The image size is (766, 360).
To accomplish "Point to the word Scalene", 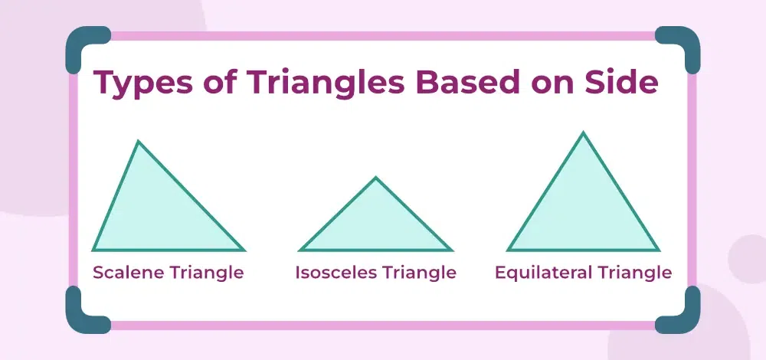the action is [x=129, y=272].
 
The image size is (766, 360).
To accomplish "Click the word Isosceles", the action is [x=336, y=272].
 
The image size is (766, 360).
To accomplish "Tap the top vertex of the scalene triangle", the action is [x=138, y=141].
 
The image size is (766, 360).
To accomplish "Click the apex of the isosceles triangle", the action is [x=375, y=177].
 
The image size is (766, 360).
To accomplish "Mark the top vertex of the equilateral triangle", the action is [x=583, y=133].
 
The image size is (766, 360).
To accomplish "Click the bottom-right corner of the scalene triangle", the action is [x=244, y=250].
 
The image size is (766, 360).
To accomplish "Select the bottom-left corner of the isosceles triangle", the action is [x=300, y=250].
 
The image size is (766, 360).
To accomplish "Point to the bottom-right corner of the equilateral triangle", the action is [x=659, y=250].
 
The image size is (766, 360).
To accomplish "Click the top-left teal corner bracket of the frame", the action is [x=78, y=39].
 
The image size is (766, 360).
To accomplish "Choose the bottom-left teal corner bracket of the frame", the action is [x=78, y=321].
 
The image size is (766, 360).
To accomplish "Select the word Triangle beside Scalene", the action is [x=206, y=273].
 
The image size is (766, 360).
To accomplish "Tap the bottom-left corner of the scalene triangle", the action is [x=93, y=250].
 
